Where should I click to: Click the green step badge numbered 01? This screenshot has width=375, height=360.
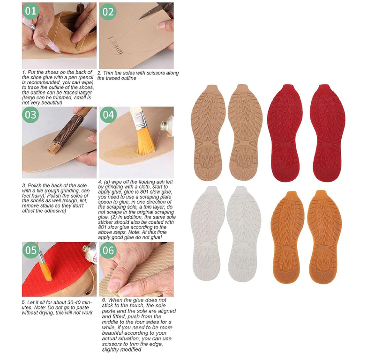click(x=30, y=11)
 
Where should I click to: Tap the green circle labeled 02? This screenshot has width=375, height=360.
click(x=108, y=12)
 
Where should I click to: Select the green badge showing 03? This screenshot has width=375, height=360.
click(x=30, y=115)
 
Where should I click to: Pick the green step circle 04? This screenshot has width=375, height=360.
click(x=108, y=115)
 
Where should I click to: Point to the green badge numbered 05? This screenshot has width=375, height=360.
click(x=31, y=250)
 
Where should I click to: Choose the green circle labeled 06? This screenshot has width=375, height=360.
click(x=108, y=250)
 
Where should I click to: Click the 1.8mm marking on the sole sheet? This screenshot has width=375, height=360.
click(x=116, y=45)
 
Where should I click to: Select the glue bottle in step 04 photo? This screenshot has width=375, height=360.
click(x=167, y=126)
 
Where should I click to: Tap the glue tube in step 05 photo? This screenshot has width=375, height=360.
click(x=90, y=252)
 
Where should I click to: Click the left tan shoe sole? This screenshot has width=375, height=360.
click(x=208, y=132)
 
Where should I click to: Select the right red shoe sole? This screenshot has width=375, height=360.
click(x=327, y=133)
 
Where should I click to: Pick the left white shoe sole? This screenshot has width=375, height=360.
click(x=207, y=233)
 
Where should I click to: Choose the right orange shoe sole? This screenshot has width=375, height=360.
click(x=324, y=237)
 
